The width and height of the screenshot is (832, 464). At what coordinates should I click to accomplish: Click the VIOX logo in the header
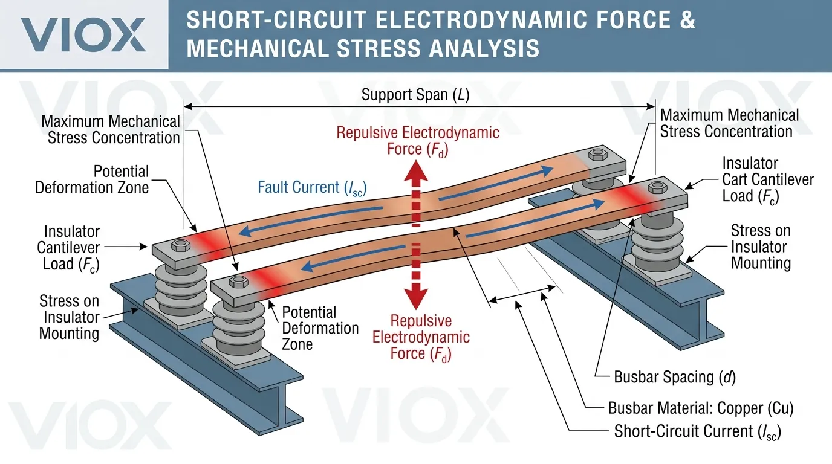pyautogui.click(x=83, y=34)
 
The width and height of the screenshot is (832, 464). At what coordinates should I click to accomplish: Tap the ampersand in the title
pyautogui.click(x=687, y=20)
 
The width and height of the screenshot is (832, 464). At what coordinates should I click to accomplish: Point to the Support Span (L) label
pyautogui.click(x=415, y=95)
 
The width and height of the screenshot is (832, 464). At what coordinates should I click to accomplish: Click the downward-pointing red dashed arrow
pyautogui.click(x=416, y=275)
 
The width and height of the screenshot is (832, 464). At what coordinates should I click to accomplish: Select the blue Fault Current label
pyautogui.click(x=312, y=187)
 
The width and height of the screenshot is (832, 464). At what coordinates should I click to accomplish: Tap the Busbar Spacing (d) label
pyautogui.click(x=674, y=378)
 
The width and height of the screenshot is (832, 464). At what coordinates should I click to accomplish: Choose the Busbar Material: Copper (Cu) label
pyautogui.click(x=701, y=408)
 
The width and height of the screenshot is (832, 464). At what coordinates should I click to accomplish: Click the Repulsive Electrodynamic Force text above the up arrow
pyautogui.click(x=418, y=140)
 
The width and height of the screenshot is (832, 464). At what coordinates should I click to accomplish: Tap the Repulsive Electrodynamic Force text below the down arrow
pyautogui.click(x=421, y=337)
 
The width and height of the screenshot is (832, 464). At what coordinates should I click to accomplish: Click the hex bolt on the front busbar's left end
pyautogui.click(x=237, y=281)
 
